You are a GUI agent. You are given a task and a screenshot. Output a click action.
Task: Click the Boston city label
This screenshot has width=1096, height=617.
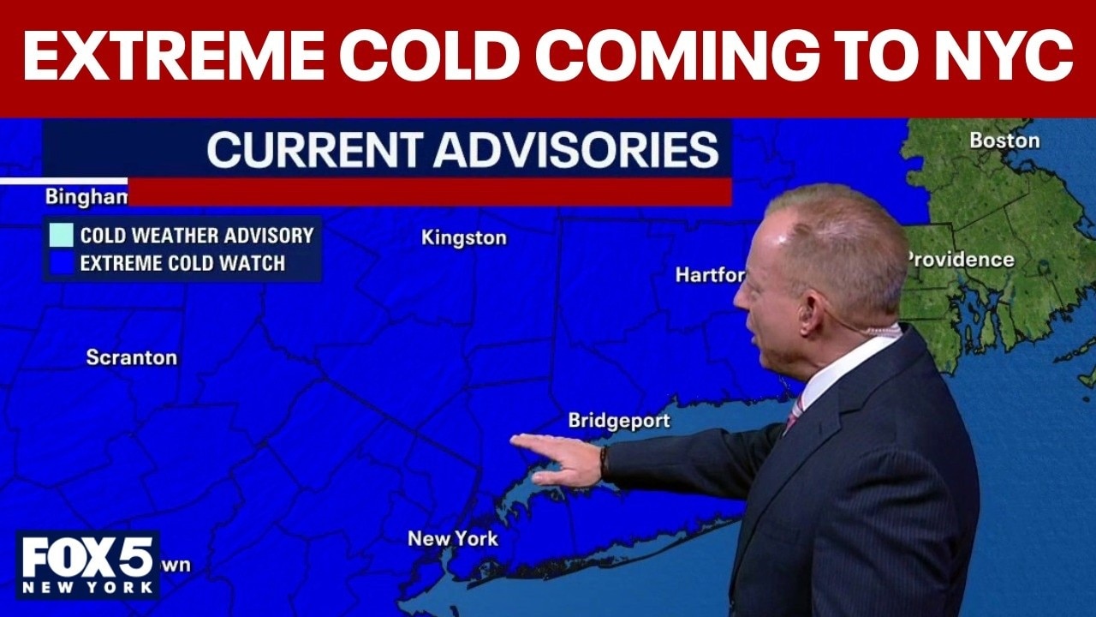coord(1004,140)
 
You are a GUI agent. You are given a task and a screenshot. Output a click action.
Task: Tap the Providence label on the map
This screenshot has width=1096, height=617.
coord(961,259)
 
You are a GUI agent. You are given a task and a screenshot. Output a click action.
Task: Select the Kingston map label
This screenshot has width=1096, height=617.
coord(463,238)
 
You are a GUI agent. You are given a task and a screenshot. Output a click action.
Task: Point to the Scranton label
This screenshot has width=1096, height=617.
coord(132,357)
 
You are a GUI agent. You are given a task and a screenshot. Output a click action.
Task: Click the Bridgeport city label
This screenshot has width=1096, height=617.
coord(619,421)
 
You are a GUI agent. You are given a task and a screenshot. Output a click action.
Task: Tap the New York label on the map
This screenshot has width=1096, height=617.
coord(452,538)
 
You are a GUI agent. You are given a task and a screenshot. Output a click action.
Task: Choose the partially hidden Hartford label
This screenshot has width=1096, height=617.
coord(710,274)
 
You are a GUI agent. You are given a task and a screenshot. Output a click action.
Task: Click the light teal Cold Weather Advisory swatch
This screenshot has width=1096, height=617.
coord(61,235)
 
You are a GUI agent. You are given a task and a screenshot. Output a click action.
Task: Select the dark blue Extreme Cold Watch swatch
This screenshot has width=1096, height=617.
coord(61,263)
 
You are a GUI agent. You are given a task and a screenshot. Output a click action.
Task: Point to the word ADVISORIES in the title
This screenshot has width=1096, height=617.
coord(575,149)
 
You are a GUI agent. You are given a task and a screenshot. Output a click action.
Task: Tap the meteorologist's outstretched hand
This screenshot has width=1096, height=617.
coord(561,458)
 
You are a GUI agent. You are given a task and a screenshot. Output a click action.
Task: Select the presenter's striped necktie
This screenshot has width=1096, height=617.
coord(794,416)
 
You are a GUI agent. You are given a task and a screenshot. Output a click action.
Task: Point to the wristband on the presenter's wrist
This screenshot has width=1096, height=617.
coord(604,463)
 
